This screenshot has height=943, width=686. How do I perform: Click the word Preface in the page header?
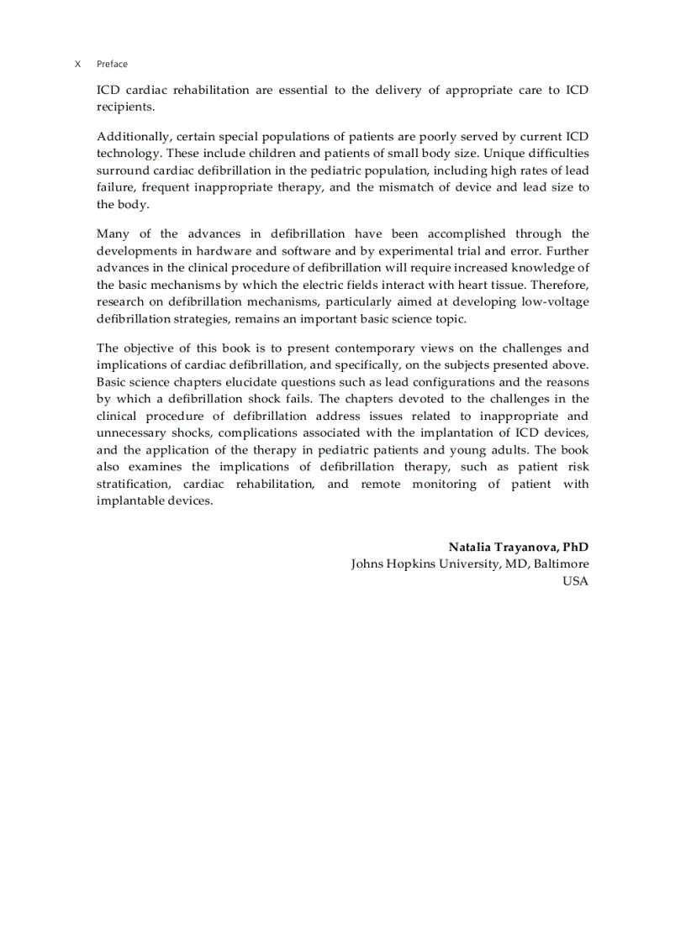tap(112, 64)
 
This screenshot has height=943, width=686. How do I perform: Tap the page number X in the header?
tap(77, 64)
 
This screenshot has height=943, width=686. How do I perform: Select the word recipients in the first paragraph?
tap(124, 107)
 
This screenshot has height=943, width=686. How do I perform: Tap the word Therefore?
tap(559, 285)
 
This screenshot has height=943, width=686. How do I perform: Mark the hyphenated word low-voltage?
tap(550, 302)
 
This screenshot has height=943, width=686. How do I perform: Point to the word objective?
tap(150, 348)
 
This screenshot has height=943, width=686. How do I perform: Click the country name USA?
tap(576, 581)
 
